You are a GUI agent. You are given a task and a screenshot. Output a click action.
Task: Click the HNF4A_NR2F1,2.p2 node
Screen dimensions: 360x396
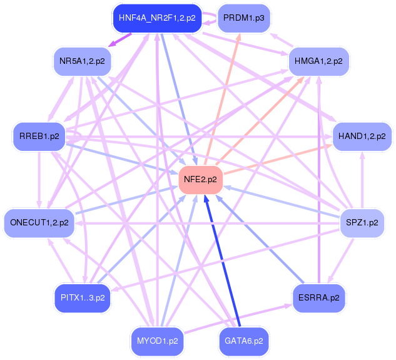156,18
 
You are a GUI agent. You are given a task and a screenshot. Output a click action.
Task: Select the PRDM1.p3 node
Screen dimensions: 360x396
243,18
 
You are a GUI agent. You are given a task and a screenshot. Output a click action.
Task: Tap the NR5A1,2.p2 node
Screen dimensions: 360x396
82,61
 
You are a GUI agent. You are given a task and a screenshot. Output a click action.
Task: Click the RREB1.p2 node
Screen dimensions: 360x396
39,136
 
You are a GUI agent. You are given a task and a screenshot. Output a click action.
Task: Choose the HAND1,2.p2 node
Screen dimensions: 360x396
362,136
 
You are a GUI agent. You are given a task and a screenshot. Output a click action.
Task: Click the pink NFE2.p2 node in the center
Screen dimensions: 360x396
200,180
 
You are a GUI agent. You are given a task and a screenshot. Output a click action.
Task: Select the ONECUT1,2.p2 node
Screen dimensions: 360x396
39,222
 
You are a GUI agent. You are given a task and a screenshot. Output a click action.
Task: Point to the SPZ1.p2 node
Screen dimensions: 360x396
362,222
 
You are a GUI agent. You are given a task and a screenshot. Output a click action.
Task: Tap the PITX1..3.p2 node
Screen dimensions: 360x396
82,297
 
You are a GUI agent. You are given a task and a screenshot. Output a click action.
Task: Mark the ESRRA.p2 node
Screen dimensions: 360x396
318,297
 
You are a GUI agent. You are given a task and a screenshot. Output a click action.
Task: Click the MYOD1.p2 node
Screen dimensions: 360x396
157,341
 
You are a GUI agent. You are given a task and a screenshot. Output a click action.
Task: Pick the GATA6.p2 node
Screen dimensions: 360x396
243,341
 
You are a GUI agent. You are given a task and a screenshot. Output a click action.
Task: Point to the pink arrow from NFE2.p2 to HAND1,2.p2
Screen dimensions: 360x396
275,156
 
